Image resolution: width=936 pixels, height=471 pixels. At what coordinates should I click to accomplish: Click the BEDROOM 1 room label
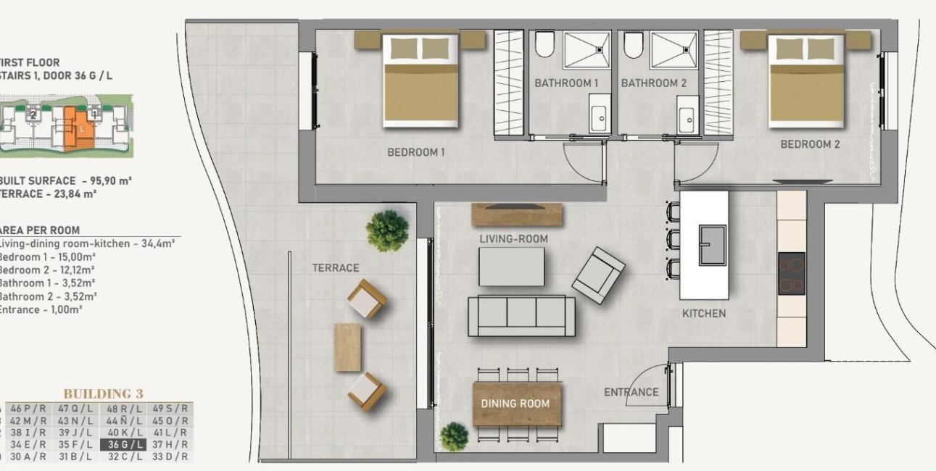(415, 152)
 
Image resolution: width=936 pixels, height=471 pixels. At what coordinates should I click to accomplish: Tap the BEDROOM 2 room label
(810, 144)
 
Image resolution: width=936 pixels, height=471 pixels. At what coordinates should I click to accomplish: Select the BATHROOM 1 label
(566, 83)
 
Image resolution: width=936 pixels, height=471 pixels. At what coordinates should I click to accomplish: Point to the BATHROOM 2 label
(653, 83)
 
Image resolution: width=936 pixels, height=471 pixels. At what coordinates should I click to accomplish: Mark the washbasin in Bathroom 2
(686, 119)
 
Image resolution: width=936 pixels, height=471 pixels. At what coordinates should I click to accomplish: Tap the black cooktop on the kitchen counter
(791, 273)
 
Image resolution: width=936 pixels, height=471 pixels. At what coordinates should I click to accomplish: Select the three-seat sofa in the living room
(521, 316)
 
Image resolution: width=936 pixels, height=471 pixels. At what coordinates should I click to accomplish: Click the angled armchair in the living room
(598, 275)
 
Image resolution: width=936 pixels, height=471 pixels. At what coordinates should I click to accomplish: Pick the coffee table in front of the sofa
(511, 266)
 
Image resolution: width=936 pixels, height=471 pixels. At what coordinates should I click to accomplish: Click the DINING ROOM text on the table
(515, 404)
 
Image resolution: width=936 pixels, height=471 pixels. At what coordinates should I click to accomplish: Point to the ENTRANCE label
(631, 392)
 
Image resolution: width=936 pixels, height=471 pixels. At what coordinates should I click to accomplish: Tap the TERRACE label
(335, 268)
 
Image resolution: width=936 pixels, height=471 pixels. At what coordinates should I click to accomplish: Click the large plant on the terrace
(387, 230)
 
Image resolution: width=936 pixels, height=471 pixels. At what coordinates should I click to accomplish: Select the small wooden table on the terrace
(347, 347)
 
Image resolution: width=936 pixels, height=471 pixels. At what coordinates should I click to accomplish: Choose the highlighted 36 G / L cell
(126, 444)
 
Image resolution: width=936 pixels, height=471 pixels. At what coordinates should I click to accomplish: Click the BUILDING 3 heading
(103, 393)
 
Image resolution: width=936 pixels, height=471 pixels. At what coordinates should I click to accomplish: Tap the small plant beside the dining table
(454, 436)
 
